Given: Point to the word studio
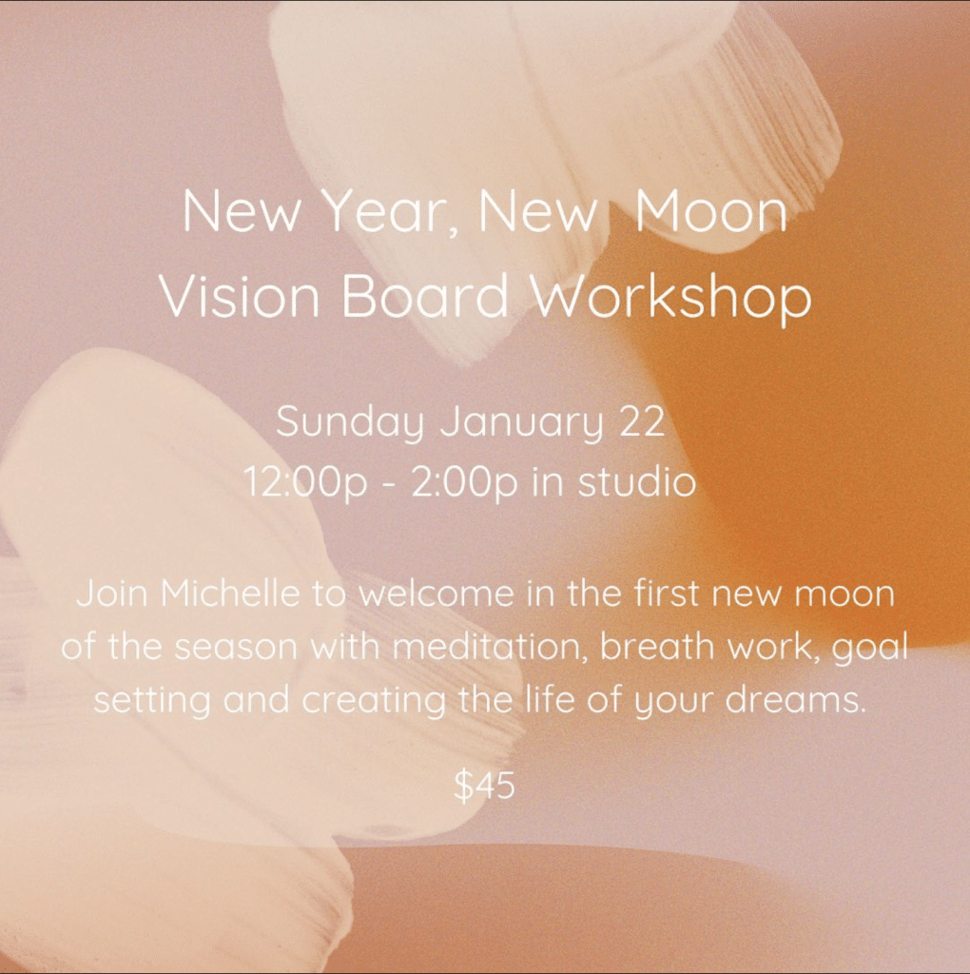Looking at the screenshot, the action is pos(636,481).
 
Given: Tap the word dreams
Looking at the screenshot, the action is pos(796,700).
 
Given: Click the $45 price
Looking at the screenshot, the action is pos(485,785).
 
